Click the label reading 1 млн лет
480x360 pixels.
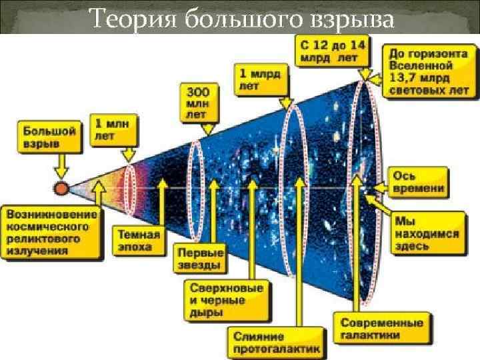[x=114, y=130]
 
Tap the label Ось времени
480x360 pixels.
[x=418, y=181]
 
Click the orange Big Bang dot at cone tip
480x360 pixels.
[x=61, y=188]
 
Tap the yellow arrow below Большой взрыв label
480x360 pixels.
[x=61, y=167]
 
